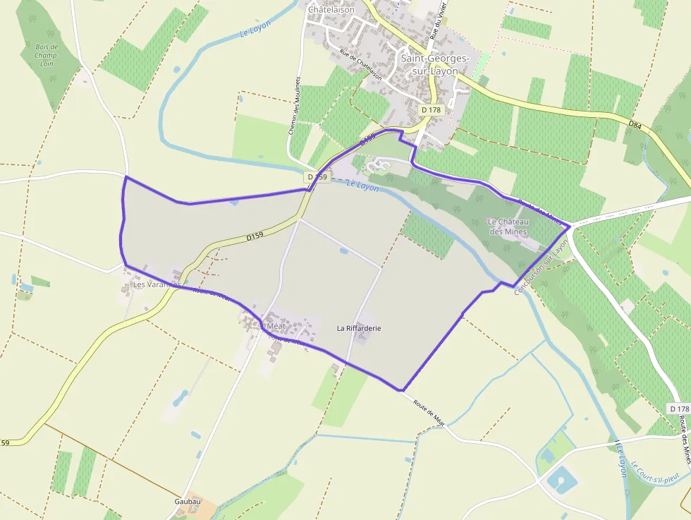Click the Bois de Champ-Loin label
click(47, 54)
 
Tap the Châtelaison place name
click(331, 10)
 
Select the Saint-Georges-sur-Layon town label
click(429, 65)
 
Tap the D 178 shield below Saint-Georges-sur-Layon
click(430, 110)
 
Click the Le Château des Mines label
click(508, 226)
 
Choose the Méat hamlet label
click(276, 326)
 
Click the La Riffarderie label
click(358, 328)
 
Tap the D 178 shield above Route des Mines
click(679, 409)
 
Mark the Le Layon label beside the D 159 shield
click(363, 186)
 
